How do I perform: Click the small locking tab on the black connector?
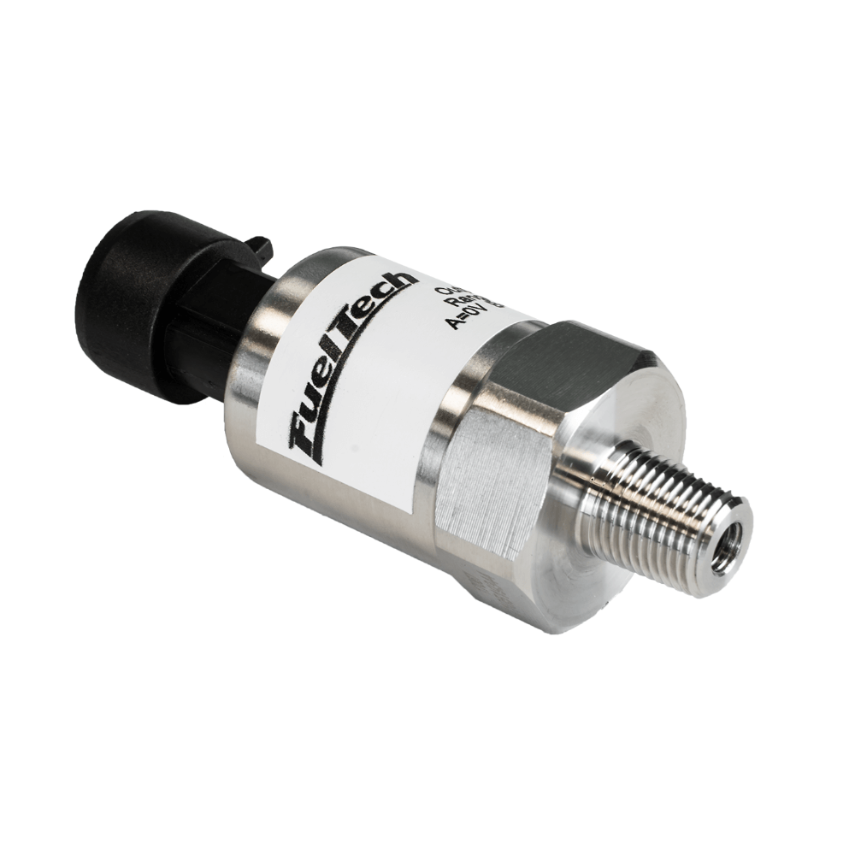tap(258, 247)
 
